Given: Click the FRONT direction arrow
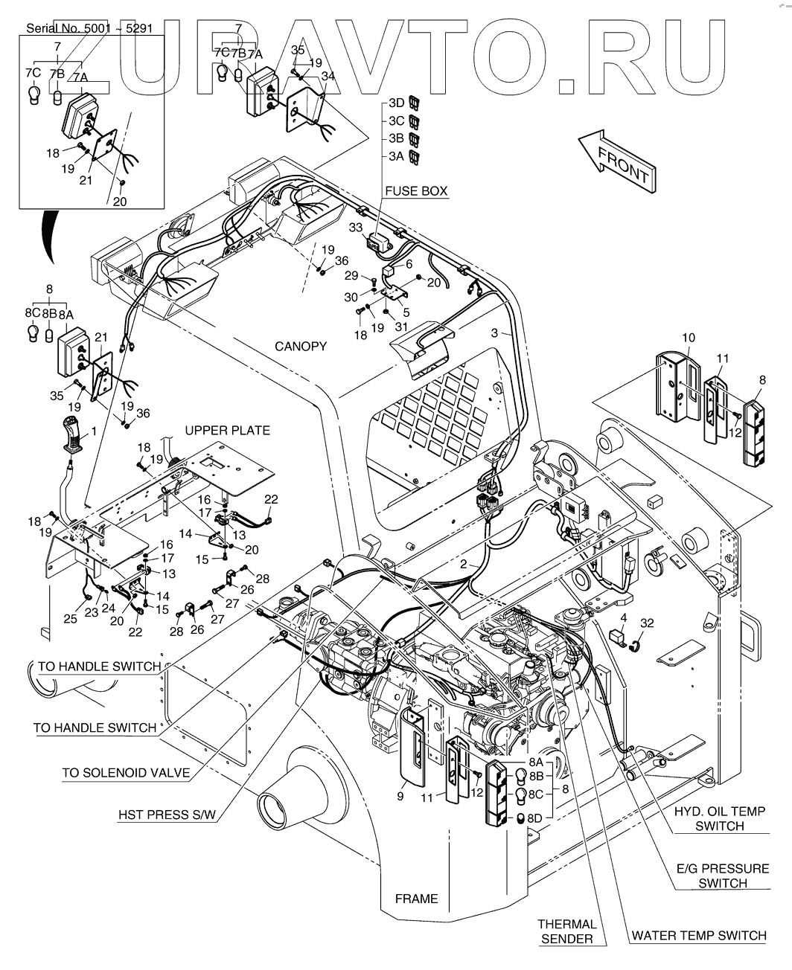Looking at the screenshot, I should (x=617, y=159).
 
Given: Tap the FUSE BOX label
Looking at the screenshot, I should (x=416, y=191).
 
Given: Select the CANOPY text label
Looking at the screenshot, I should (x=300, y=347).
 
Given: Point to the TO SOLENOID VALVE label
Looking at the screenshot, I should (x=125, y=773).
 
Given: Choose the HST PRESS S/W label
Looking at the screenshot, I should (x=167, y=815).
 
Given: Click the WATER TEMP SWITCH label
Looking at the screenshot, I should (x=698, y=936).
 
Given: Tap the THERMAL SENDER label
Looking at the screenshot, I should (x=566, y=931).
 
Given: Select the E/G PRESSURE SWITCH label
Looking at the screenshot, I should (x=722, y=876).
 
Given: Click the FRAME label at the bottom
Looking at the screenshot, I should (x=416, y=899).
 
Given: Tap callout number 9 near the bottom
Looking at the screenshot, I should (x=400, y=796).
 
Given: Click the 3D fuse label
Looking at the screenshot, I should (x=396, y=103).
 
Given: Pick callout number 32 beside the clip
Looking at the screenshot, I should (x=647, y=623).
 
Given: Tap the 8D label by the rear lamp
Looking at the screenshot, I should (x=534, y=818).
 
